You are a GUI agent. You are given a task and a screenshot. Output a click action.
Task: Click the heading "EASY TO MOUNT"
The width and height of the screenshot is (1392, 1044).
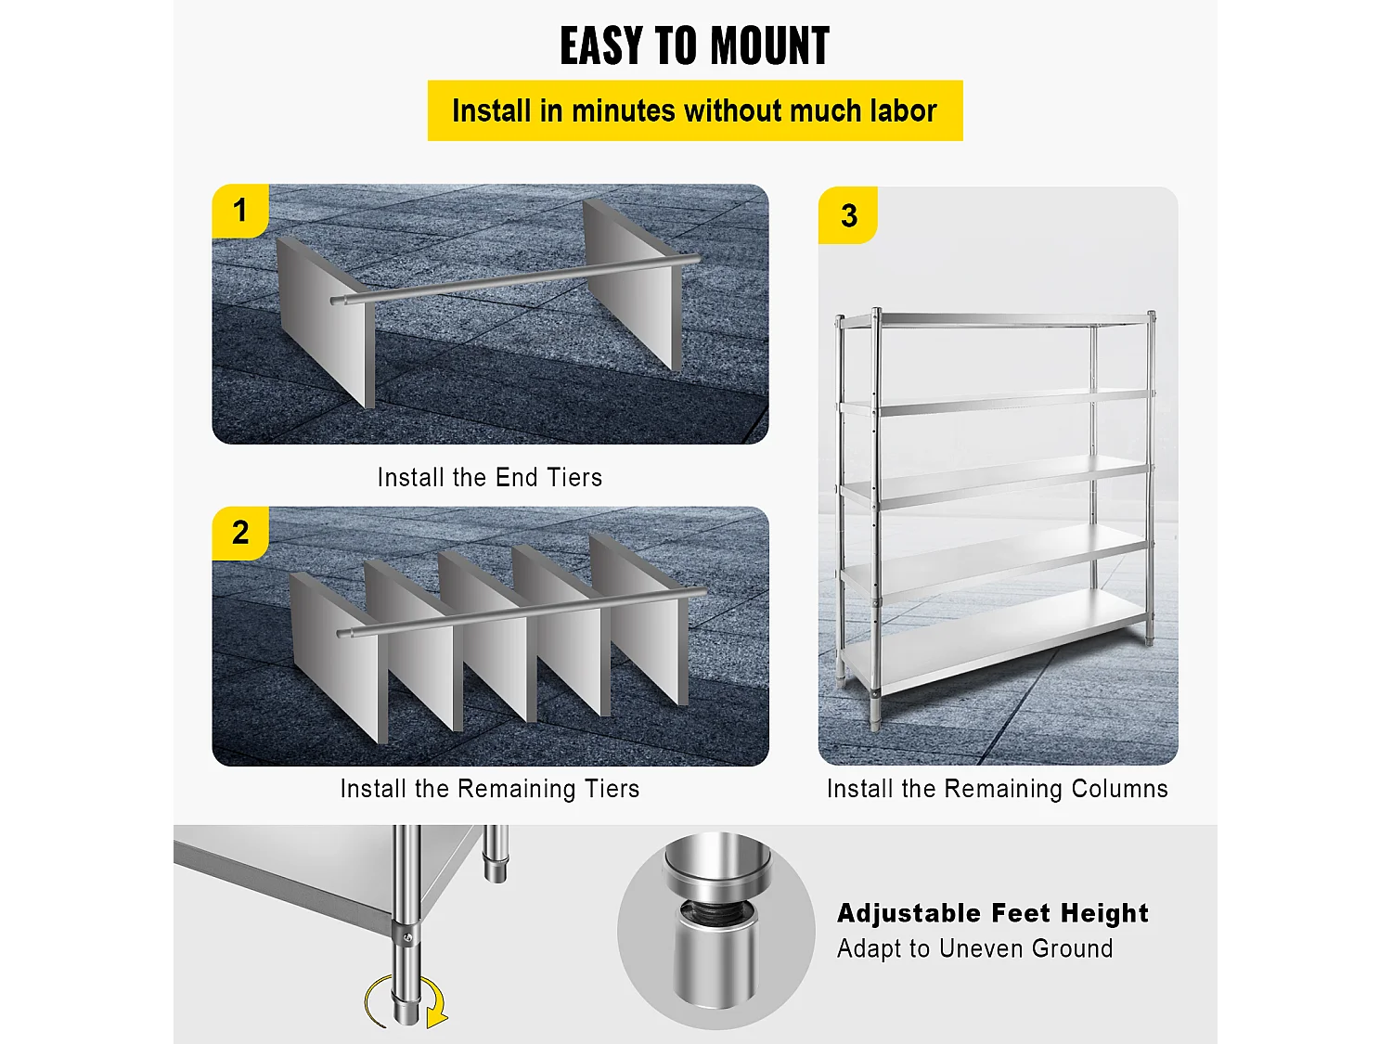(694, 45)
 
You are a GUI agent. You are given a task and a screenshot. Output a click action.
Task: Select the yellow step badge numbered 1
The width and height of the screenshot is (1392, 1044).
(240, 211)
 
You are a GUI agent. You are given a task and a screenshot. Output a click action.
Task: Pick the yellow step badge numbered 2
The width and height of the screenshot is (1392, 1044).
(240, 533)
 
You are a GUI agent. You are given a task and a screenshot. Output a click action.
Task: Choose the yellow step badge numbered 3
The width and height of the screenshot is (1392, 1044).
(848, 215)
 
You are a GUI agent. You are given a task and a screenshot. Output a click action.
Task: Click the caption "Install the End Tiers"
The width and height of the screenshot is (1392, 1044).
(490, 477)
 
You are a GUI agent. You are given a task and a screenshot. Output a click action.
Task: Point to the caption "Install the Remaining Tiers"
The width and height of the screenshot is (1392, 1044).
(490, 789)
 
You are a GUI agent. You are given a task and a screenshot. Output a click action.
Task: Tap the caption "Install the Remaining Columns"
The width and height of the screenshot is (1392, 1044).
(997, 789)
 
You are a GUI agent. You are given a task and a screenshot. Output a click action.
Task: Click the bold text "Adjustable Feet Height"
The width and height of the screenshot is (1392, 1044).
(992, 913)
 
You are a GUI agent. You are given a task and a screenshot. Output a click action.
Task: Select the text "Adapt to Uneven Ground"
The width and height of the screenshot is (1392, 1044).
(974, 948)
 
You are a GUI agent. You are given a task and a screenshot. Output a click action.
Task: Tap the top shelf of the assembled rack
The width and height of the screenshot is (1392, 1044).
(996, 319)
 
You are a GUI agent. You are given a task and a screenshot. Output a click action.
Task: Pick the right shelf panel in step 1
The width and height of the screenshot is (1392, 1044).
(632, 284)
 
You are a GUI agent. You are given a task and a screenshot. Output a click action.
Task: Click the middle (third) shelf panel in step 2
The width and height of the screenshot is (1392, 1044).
(487, 637)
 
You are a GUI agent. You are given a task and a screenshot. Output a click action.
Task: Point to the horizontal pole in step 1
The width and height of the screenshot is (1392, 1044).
(515, 279)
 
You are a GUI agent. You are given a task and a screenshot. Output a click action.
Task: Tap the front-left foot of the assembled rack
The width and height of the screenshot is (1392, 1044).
(875, 713)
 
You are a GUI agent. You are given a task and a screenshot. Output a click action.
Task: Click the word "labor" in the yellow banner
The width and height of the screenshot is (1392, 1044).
(903, 111)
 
